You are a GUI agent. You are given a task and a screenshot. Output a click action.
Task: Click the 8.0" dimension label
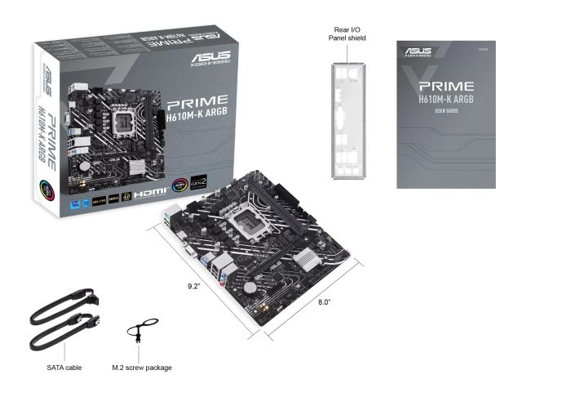(x=325, y=302)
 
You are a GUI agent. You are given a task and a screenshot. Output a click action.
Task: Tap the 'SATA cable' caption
(x=64, y=368)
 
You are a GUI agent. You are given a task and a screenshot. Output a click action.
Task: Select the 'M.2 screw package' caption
(x=141, y=368)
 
